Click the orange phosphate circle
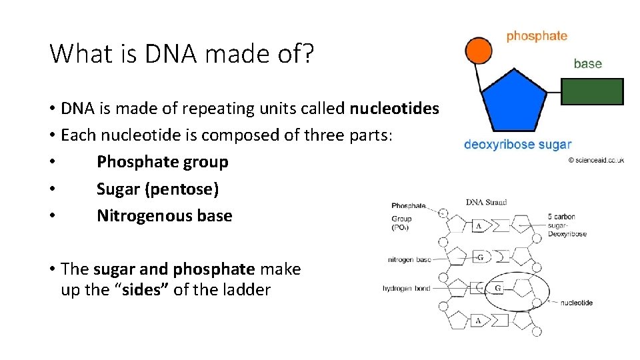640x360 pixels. coord(478,51)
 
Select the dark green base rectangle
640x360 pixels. coord(591,91)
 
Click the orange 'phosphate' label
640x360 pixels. coord(536,36)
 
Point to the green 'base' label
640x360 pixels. coord(587,64)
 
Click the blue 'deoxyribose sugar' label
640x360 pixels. coord(517,144)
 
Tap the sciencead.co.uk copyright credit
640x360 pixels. coord(595,160)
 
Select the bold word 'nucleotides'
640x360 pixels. coord(395,108)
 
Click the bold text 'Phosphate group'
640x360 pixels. coord(162,162)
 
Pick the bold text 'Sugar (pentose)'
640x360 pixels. coord(157,189)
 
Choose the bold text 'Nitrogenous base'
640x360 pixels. coord(164,215)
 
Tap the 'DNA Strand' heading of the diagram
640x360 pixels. coord(486,202)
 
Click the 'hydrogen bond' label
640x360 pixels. coord(406,289)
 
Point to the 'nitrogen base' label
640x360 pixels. coord(409,259)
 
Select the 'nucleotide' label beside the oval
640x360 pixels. coord(576,303)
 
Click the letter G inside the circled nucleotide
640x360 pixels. coord(498,289)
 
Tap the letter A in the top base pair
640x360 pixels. coord(479,226)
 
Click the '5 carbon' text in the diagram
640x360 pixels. coord(561,217)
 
